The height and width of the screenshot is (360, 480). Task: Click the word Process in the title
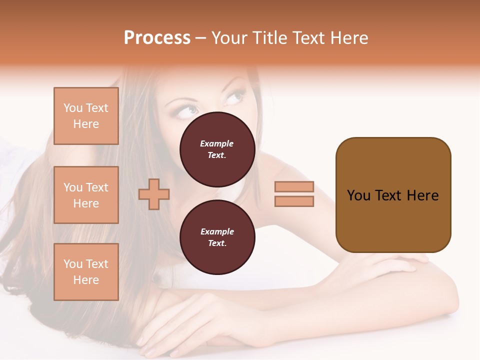[157, 38]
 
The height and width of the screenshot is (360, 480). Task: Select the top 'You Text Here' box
[86, 116]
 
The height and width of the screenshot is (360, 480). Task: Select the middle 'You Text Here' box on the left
[86, 195]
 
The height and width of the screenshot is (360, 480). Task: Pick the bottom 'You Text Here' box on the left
[86, 272]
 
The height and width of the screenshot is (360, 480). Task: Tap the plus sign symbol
[154, 194]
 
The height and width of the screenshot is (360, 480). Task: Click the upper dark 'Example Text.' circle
[217, 149]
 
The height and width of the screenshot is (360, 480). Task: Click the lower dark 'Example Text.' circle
[217, 237]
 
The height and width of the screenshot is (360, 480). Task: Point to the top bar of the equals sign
[294, 187]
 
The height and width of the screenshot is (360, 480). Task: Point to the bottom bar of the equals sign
[294, 201]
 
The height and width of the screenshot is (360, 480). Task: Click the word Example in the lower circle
[217, 231]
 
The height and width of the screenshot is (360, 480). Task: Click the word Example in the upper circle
[217, 143]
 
